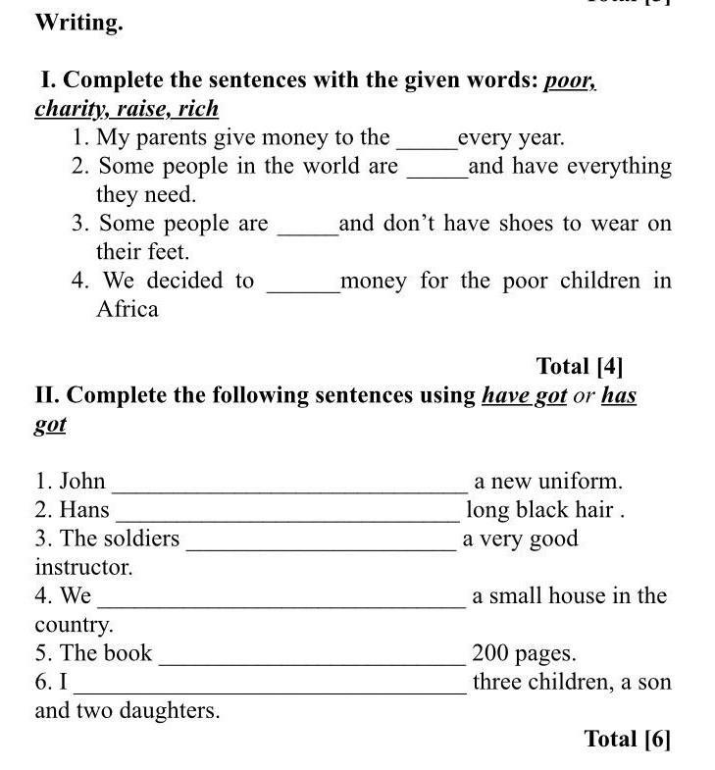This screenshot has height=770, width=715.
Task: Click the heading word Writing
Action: coord(78,24)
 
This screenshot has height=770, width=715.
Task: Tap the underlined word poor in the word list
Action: coord(570,80)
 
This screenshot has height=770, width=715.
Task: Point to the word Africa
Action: coord(127,310)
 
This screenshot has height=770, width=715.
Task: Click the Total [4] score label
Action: coord(580,367)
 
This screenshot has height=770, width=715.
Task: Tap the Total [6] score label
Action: coord(628,739)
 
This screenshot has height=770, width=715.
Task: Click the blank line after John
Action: coord(289,488)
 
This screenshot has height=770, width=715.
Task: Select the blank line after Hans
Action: coord(286,516)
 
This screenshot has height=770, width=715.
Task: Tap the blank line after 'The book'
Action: coord(312,659)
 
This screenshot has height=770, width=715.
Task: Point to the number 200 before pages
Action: coord(491,653)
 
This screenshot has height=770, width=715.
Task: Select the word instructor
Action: coord(83,568)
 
